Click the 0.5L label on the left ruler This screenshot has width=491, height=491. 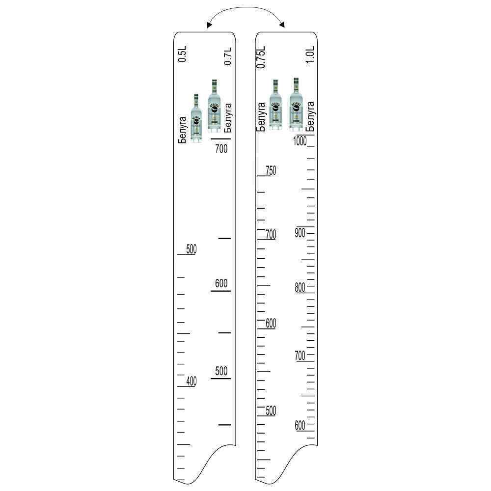click(182, 54)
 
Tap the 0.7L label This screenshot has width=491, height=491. click(228, 56)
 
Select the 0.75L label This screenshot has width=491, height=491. click(261, 57)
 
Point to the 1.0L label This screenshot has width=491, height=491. click(310, 55)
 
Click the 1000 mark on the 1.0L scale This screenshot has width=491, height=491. click(300, 141)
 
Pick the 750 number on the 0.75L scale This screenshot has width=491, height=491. click(271, 171)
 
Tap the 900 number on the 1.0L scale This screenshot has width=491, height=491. click(300, 233)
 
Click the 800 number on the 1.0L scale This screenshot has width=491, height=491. click(300, 287)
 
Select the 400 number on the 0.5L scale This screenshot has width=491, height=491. click(191, 381)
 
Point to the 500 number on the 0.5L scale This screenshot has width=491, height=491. click(191, 249)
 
